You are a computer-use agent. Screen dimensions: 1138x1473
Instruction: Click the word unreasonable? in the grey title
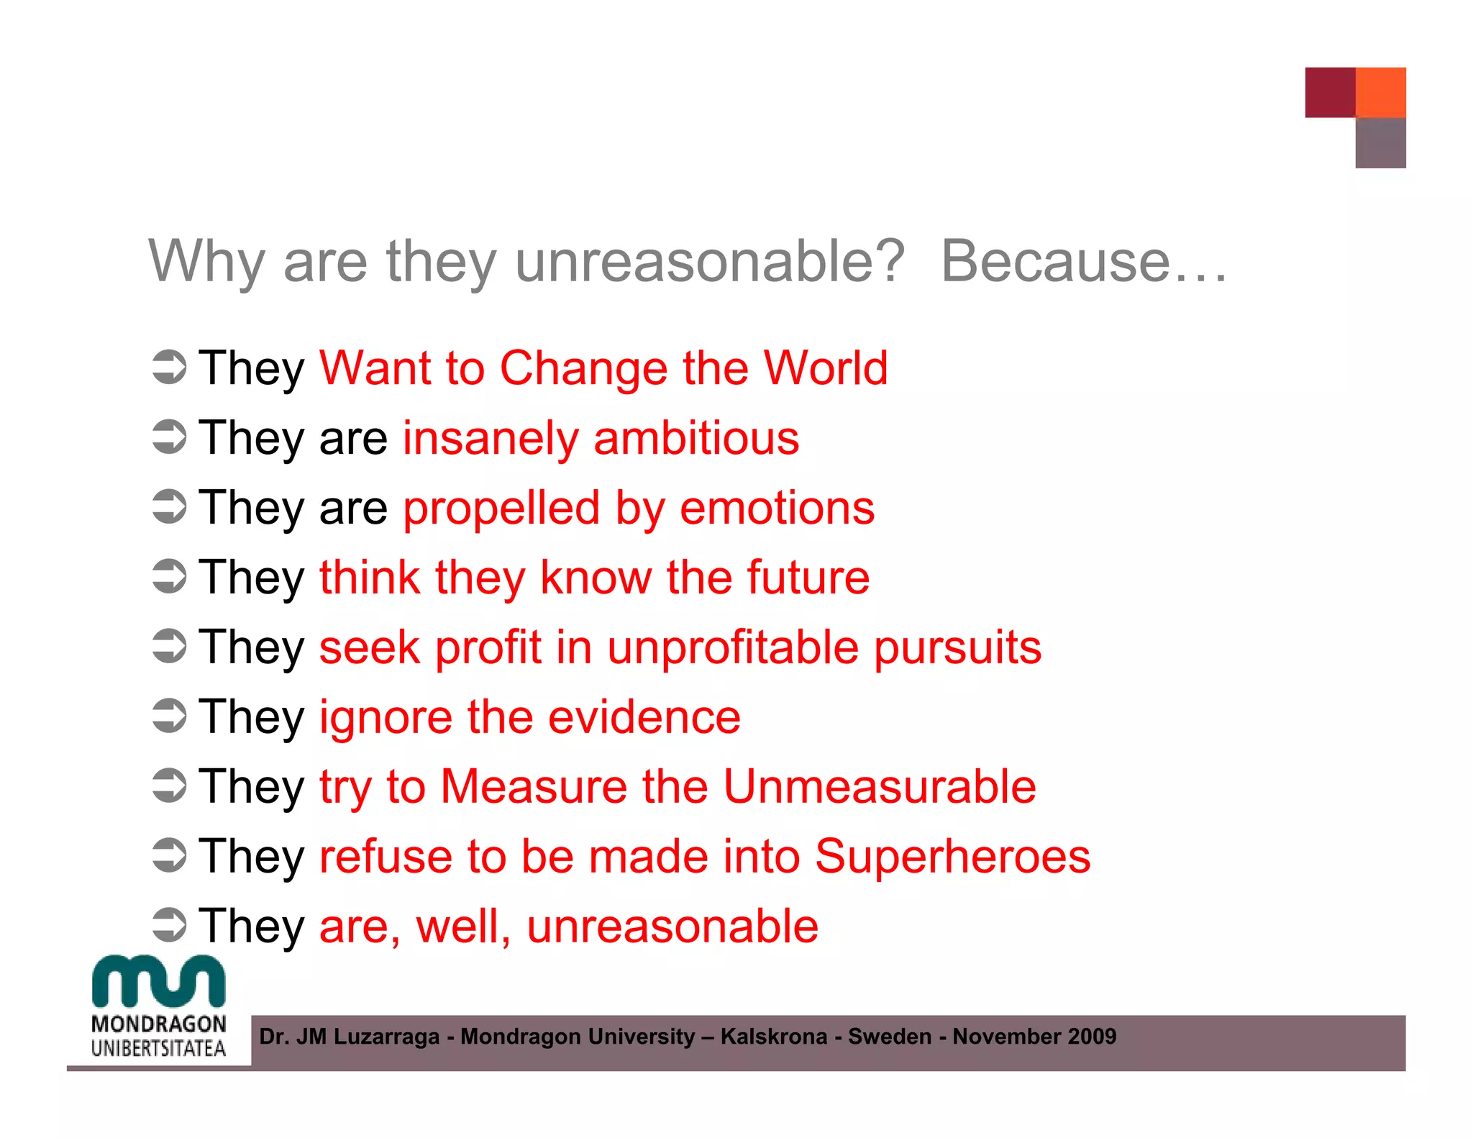pos(709,262)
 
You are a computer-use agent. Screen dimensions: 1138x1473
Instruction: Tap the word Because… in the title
pos(1083,262)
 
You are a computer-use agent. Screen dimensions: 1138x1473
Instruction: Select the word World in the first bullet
pos(825,368)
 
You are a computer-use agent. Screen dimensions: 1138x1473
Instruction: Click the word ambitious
pos(696,438)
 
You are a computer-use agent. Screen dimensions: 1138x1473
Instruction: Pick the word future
pos(808,578)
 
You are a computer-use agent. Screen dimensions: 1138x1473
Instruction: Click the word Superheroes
pos(952,856)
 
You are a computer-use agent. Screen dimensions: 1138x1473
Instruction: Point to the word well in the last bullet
pos(462,926)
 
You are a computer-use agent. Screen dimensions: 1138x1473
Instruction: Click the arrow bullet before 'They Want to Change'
pos(170,367)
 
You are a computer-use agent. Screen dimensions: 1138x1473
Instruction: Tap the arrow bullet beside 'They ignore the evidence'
pos(170,716)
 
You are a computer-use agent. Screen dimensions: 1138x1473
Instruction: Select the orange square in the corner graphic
pos(1380,92)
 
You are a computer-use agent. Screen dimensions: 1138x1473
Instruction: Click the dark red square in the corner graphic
pos(1330,92)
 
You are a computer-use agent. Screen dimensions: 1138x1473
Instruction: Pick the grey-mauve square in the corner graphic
pos(1380,143)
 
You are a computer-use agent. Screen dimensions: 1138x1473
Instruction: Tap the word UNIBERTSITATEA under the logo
pos(158,1049)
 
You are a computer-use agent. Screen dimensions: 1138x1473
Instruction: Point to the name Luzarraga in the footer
pos(386,1037)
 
